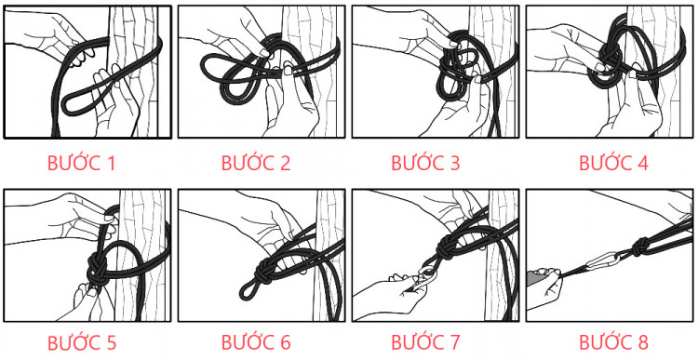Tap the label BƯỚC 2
tap(256, 164)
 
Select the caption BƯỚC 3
tap(425, 164)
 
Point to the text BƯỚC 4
tap(613, 164)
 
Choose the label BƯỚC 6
tap(256, 341)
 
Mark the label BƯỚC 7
tap(425, 341)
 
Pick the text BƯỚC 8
tap(613, 341)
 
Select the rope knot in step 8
tap(641, 247)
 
